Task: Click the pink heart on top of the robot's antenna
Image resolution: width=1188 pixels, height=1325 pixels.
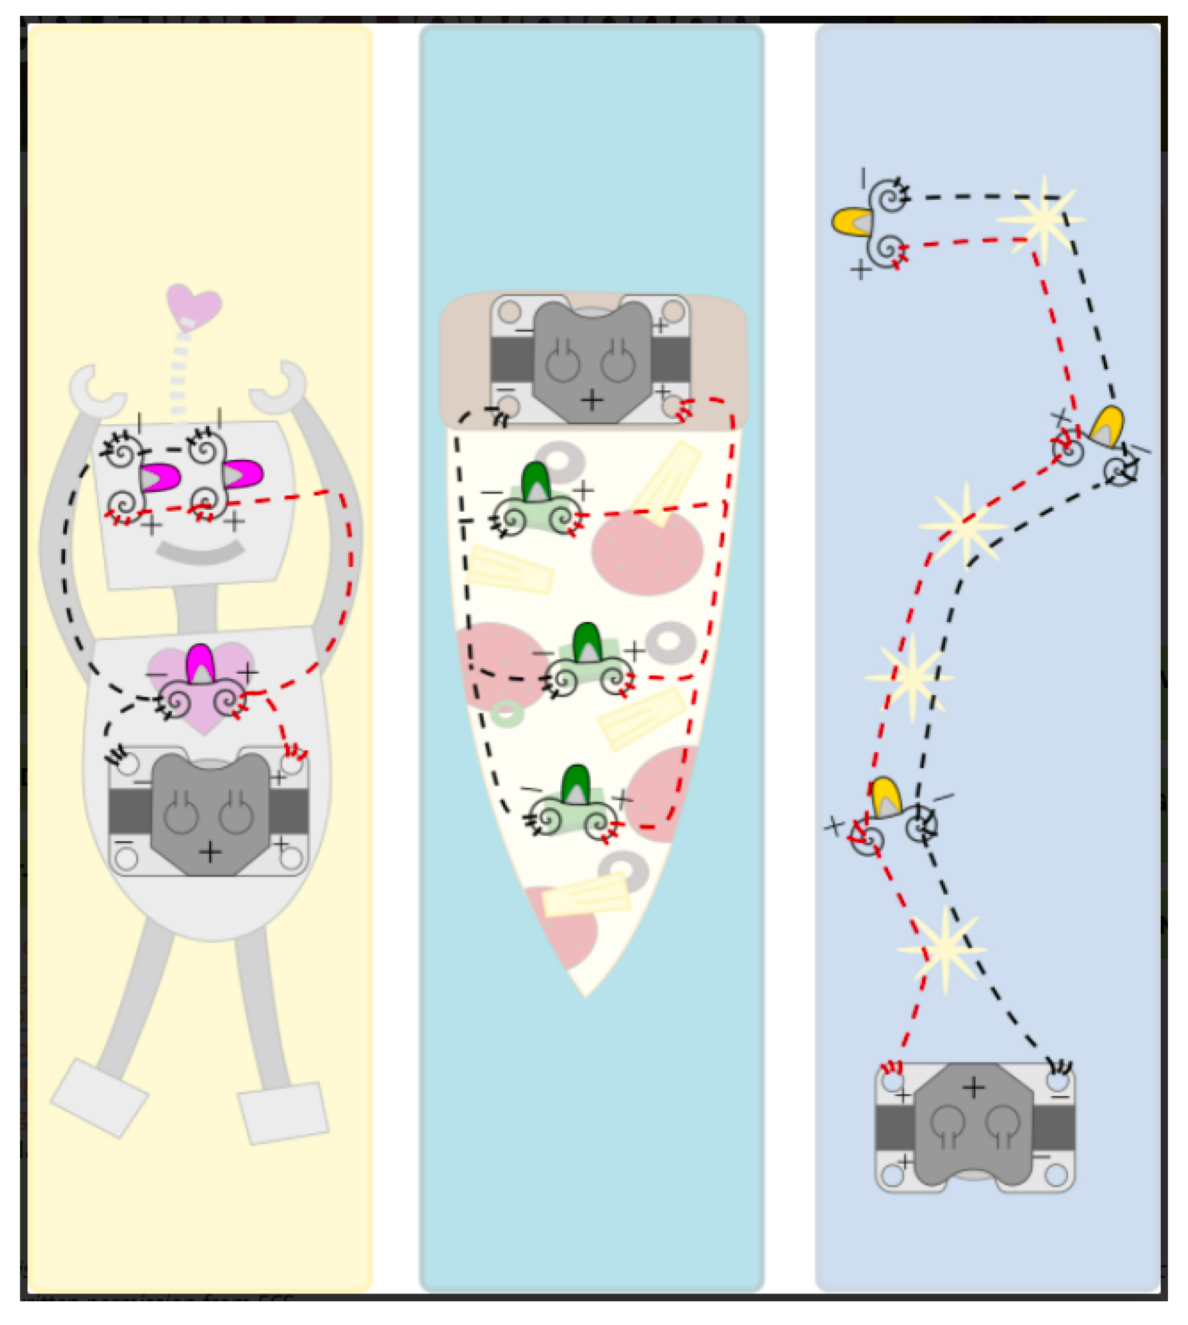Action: (194, 305)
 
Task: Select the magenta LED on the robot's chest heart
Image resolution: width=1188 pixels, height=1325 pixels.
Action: (200, 664)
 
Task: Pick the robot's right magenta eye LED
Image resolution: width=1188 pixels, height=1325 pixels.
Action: (242, 474)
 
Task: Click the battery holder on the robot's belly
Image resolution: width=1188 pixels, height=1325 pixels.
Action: (209, 813)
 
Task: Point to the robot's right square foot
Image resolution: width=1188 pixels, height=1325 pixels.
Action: (283, 1114)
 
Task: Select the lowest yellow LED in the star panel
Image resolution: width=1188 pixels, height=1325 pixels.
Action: (886, 797)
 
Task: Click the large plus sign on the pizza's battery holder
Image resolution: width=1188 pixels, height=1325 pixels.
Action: (591, 399)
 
